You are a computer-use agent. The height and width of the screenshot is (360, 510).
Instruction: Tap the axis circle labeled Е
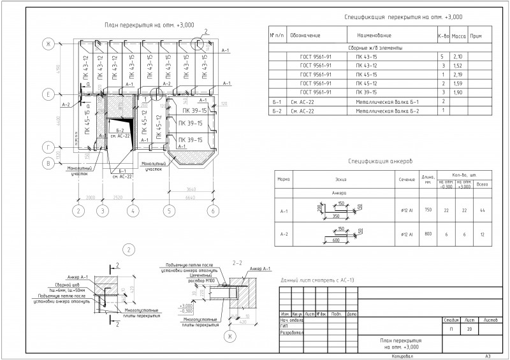click(x=47, y=94)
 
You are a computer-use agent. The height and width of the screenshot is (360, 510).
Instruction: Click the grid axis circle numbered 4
click(x=132, y=210)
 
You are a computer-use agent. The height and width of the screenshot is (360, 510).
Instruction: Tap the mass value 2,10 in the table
click(x=456, y=57)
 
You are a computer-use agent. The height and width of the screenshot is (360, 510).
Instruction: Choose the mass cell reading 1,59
click(x=456, y=83)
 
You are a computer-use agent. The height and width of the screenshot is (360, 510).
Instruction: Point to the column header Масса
click(x=458, y=36)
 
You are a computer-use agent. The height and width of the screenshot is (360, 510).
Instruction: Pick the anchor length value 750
click(x=428, y=210)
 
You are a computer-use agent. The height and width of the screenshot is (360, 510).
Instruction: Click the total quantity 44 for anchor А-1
click(x=483, y=210)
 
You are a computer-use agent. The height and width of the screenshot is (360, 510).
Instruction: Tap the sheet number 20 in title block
click(x=469, y=330)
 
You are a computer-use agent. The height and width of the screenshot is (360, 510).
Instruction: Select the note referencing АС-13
click(x=317, y=280)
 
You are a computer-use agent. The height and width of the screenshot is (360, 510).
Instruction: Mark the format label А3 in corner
click(x=488, y=356)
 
